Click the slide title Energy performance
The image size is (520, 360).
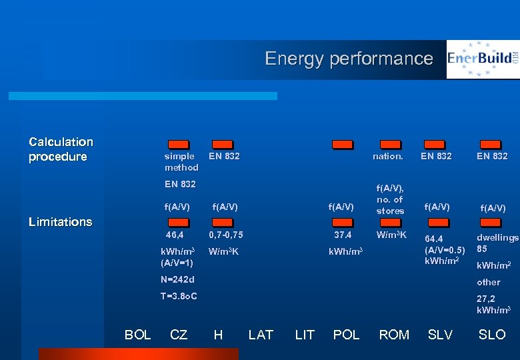point(349,59)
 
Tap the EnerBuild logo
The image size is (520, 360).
point(483,59)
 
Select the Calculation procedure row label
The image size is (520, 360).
point(61,149)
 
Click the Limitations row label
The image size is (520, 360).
point(61,222)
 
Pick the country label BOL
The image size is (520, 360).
point(138,335)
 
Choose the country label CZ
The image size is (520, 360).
point(179,335)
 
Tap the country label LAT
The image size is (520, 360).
point(261,335)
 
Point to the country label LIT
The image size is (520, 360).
point(305,335)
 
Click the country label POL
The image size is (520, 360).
point(346,335)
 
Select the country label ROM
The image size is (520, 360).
point(394,335)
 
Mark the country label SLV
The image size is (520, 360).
point(440,335)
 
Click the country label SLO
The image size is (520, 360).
point(492,335)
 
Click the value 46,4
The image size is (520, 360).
point(175,235)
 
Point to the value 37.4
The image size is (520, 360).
point(343,235)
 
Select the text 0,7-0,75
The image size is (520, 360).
point(226,235)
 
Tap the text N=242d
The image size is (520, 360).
point(177,279)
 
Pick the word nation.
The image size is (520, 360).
point(388,157)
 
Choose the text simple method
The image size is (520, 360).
point(181,162)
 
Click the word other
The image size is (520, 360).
point(489,282)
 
